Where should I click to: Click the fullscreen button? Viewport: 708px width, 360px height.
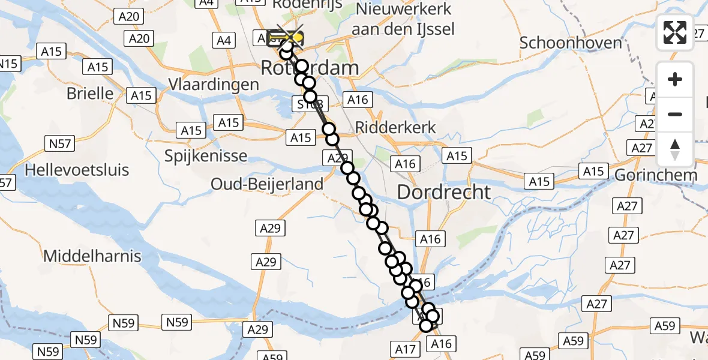(x=675, y=32)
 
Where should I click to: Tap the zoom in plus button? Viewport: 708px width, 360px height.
(x=675, y=79)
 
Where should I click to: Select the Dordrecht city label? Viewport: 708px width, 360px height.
(x=444, y=192)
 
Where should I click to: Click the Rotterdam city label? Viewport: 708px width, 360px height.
(x=310, y=68)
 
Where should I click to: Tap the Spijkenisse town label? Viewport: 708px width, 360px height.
(x=206, y=156)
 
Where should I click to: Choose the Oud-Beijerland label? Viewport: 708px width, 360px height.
(x=267, y=184)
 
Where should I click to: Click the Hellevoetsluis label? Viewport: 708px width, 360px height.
(x=77, y=170)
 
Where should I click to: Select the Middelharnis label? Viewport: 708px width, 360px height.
(x=92, y=256)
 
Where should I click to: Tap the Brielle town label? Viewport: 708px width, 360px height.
(x=90, y=93)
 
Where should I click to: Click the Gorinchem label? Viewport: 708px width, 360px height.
(x=656, y=175)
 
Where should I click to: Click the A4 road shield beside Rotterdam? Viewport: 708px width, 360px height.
(x=223, y=40)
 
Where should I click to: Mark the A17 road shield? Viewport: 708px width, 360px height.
(x=405, y=349)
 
